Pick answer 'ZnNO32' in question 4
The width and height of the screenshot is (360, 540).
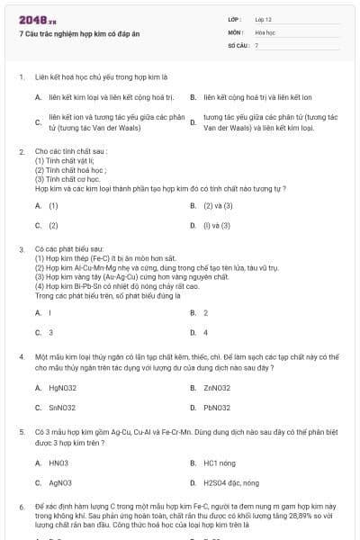pos(217,388)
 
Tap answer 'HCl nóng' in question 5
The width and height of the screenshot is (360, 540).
pos(219,463)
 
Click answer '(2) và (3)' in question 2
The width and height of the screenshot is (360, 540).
pos(211,205)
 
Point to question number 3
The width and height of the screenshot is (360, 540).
pos(21,247)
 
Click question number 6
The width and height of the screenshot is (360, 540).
pos(21,507)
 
